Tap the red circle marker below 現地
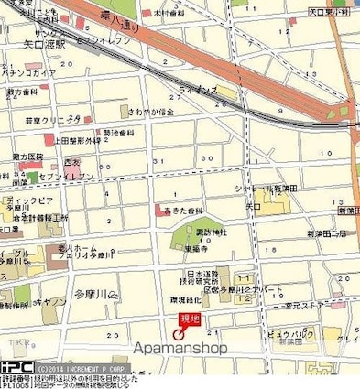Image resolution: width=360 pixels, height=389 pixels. click(179, 334)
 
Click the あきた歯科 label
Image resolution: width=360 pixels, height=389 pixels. click(182, 211)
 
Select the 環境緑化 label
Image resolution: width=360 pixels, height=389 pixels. click(189, 299)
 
